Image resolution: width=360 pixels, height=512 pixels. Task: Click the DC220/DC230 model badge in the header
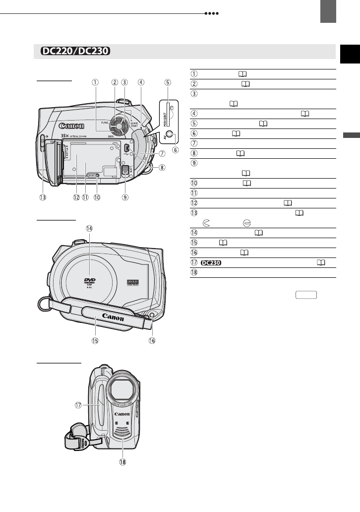75,52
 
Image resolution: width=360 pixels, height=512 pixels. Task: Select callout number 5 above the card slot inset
168,83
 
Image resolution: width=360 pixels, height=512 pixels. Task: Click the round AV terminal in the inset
170,134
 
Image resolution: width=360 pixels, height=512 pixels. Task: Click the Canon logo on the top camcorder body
70,125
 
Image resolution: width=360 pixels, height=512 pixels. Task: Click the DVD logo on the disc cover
90,280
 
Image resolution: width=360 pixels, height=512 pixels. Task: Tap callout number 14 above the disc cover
89,229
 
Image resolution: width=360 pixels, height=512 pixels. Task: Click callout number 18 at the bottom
122,462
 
